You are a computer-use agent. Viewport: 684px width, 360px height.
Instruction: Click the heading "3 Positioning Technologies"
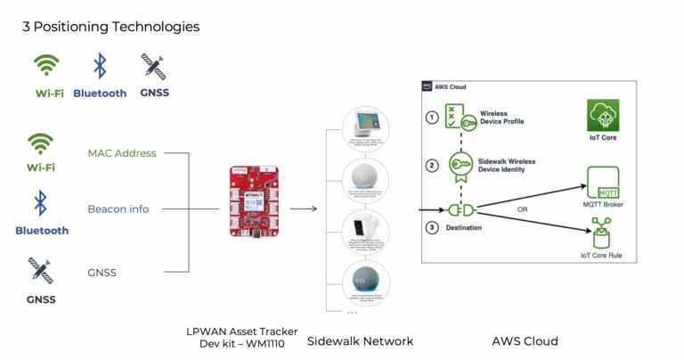[x=110, y=27]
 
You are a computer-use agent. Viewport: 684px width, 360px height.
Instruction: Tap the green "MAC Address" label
[x=121, y=153]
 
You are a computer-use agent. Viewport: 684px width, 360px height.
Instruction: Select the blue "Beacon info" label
[x=118, y=209]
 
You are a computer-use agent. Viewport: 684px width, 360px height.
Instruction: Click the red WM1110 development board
[x=253, y=203]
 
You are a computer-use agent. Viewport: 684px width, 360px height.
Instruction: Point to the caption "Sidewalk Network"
[x=360, y=340]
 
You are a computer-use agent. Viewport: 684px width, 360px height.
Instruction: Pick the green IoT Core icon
[x=602, y=118]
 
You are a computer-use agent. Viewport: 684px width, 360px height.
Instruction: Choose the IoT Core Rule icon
[x=602, y=237]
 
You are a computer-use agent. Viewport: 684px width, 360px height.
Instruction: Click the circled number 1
[x=433, y=117]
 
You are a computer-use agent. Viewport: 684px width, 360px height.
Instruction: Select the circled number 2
[x=433, y=165]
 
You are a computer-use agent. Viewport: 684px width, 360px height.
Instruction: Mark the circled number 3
[x=433, y=227]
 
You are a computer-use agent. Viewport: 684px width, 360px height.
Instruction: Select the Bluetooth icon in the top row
[x=100, y=66]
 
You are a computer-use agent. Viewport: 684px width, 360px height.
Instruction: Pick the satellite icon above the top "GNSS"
[x=153, y=66]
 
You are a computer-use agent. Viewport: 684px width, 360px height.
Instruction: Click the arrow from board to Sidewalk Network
[x=304, y=209]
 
